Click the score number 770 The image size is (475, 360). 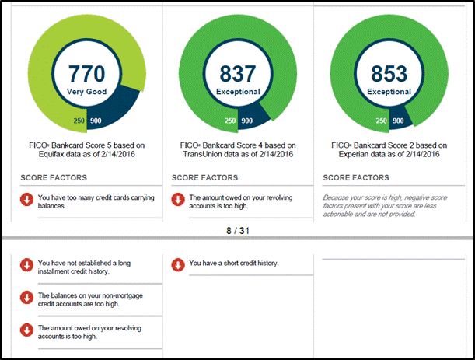point(86,74)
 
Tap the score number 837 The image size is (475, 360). point(238,74)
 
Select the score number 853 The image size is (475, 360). point(389,74)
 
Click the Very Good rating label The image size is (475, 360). point(86,92)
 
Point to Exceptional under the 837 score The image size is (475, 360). point(238,92)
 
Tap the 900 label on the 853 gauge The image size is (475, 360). point(398,121)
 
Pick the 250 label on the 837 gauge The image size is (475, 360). point(230,121)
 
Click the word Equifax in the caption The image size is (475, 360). point(51,154)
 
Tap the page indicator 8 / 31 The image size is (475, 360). point(238,231)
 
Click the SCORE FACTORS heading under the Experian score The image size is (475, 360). point(356,177)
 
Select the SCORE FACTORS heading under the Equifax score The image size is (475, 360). point(54,177)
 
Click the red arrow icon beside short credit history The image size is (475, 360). point(178,265)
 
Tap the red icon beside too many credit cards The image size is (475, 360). point(26,199)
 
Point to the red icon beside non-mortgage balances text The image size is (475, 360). point(26,298)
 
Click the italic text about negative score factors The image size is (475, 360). point(385,206)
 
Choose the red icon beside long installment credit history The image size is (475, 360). point(26,265)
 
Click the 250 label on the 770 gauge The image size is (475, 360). point(79,121)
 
